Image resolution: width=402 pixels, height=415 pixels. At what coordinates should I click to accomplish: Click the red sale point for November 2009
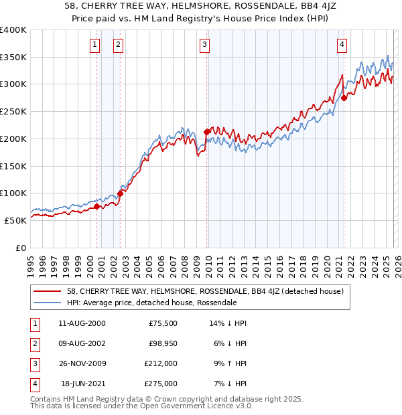(206, 133)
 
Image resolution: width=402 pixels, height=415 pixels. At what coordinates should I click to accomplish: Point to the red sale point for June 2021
(344, 98)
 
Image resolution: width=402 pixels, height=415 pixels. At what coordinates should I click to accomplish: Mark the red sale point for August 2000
(96, 207)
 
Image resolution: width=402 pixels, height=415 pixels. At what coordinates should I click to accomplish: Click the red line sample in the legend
(48, 291)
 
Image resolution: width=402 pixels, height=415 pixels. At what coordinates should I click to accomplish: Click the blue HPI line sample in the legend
(48, 303)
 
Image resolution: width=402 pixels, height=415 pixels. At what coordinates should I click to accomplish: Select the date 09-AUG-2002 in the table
(82, 343)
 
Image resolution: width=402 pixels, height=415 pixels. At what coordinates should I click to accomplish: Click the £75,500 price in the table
(163, 323)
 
